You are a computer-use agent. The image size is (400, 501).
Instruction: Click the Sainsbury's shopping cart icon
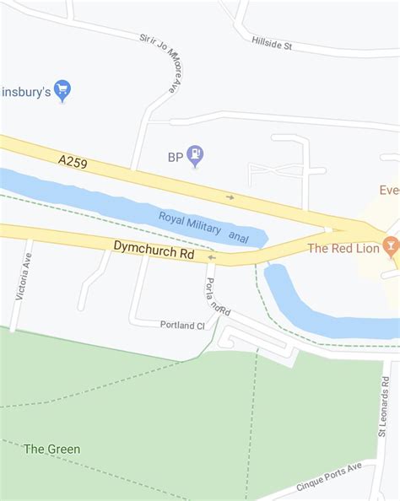[62, 89]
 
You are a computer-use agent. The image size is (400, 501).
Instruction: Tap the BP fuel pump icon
[196, 155]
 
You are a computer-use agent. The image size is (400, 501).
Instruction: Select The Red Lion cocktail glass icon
[389, 247]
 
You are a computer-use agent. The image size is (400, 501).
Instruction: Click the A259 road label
[73, 159]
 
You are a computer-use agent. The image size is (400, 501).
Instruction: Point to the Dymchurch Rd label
[154, 249]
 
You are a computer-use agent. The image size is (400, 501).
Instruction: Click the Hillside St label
[271, 42]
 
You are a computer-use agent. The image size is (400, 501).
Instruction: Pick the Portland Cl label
[182, 325]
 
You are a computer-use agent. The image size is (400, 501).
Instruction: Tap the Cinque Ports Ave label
[329, 477]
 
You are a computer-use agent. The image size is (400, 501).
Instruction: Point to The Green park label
[52, 449]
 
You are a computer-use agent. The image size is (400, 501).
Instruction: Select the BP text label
[175, 156]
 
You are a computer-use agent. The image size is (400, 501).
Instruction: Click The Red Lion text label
[342, 248]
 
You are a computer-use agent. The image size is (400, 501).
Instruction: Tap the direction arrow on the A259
[230, 197]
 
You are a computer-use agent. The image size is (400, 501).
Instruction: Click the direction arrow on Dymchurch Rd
[211, 257]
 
